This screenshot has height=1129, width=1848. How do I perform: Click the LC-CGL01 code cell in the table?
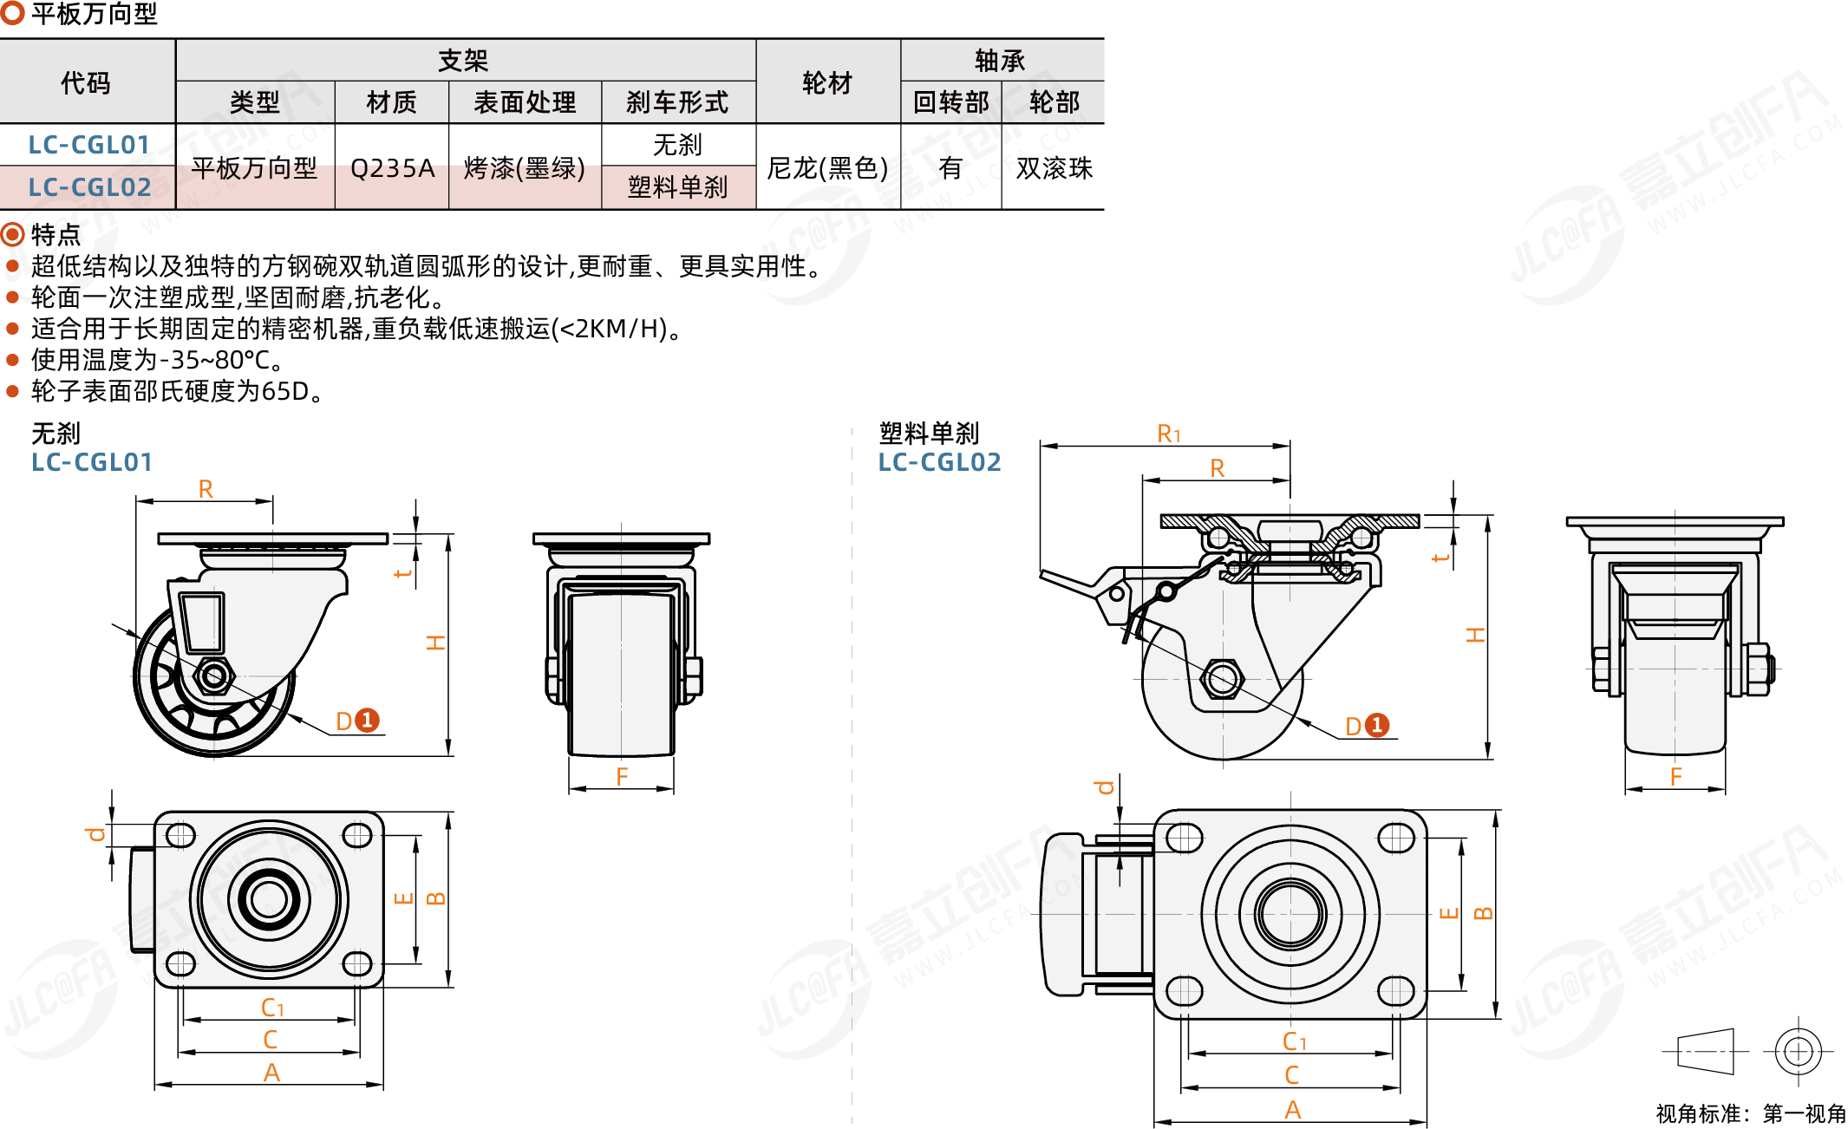(x=88, y=145)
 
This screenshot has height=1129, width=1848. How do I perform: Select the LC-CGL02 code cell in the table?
(x=89, y=187)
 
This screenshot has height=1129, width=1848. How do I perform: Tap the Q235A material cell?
(x=392, y=167)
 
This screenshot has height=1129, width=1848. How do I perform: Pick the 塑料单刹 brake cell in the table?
(x=677, y=187)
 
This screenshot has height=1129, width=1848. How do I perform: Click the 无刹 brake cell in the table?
(x=677, y=145)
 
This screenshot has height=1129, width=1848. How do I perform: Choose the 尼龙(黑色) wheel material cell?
(x=827, y=167)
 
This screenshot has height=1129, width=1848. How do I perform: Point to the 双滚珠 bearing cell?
(x=1054, y=167)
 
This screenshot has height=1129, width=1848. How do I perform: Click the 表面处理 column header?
(x=525, y=102)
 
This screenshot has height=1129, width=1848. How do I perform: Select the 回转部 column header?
(x=950, y=102)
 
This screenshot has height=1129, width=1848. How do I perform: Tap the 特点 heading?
(x=56, y=234)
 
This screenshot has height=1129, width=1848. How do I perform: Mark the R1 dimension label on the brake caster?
(x=1169, y=434)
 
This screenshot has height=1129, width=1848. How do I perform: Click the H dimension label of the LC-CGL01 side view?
(x=435, y=643)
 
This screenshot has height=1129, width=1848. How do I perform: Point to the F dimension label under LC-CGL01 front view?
(x=622, y=777)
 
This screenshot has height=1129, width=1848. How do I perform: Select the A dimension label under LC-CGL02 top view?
(x=1292, y=1110)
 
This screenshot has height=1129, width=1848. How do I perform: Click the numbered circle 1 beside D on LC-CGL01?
(x=368, y=720)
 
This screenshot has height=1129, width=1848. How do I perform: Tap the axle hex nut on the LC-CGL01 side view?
(x=213, y=675)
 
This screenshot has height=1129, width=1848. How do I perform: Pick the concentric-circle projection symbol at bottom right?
(x=1798, y=1051)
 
